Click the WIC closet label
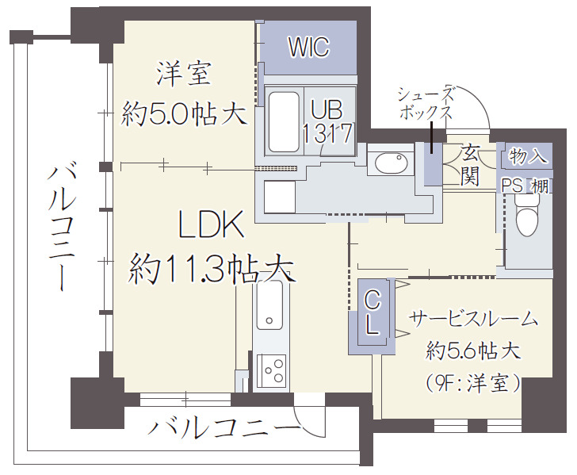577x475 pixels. click(308, 47)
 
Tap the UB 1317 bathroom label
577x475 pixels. click(327, 120)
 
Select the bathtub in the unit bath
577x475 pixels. click(283, 122)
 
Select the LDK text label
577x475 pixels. click(209, 228)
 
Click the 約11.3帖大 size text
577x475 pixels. click(212, 270)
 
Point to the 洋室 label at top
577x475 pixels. click(183, 75)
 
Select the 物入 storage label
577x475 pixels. click(529, 155)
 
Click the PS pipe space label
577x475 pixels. click(512, 185)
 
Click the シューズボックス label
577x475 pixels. click(426, 102)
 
